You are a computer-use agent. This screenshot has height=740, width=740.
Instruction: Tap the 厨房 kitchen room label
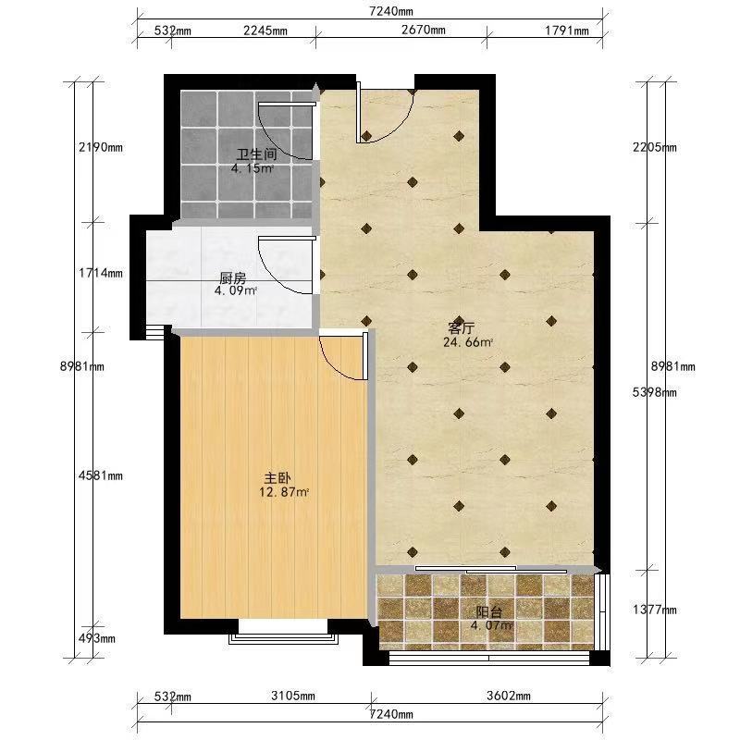tap(233, 277)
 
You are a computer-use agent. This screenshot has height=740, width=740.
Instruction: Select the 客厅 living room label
tap(461, 327)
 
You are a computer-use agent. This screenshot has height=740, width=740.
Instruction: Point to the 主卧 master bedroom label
tap(277, 478)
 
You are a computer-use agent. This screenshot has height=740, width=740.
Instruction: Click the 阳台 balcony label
tap(488, 612)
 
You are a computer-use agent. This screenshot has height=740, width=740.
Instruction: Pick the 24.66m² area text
tap(468, 342)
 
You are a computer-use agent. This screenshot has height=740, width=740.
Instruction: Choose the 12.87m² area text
tap(284, 493)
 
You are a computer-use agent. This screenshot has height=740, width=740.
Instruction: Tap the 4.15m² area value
tap(252, 168)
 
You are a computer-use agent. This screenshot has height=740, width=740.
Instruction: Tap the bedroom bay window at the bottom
tap(283, 635)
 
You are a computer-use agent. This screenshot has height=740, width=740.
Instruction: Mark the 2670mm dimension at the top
tap(424, 30)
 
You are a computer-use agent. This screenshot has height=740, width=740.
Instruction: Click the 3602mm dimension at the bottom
tap(508, 696)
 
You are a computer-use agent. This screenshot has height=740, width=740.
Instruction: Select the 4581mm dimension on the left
tap(101, 475)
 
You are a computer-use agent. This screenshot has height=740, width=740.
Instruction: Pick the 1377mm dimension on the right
tap(655, 610)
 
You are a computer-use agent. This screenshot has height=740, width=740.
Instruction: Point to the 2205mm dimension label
tap(655, 147)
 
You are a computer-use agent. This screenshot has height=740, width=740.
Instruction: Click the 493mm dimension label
tap(97, 638)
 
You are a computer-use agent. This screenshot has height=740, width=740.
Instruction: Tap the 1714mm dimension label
tap(101, 273)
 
